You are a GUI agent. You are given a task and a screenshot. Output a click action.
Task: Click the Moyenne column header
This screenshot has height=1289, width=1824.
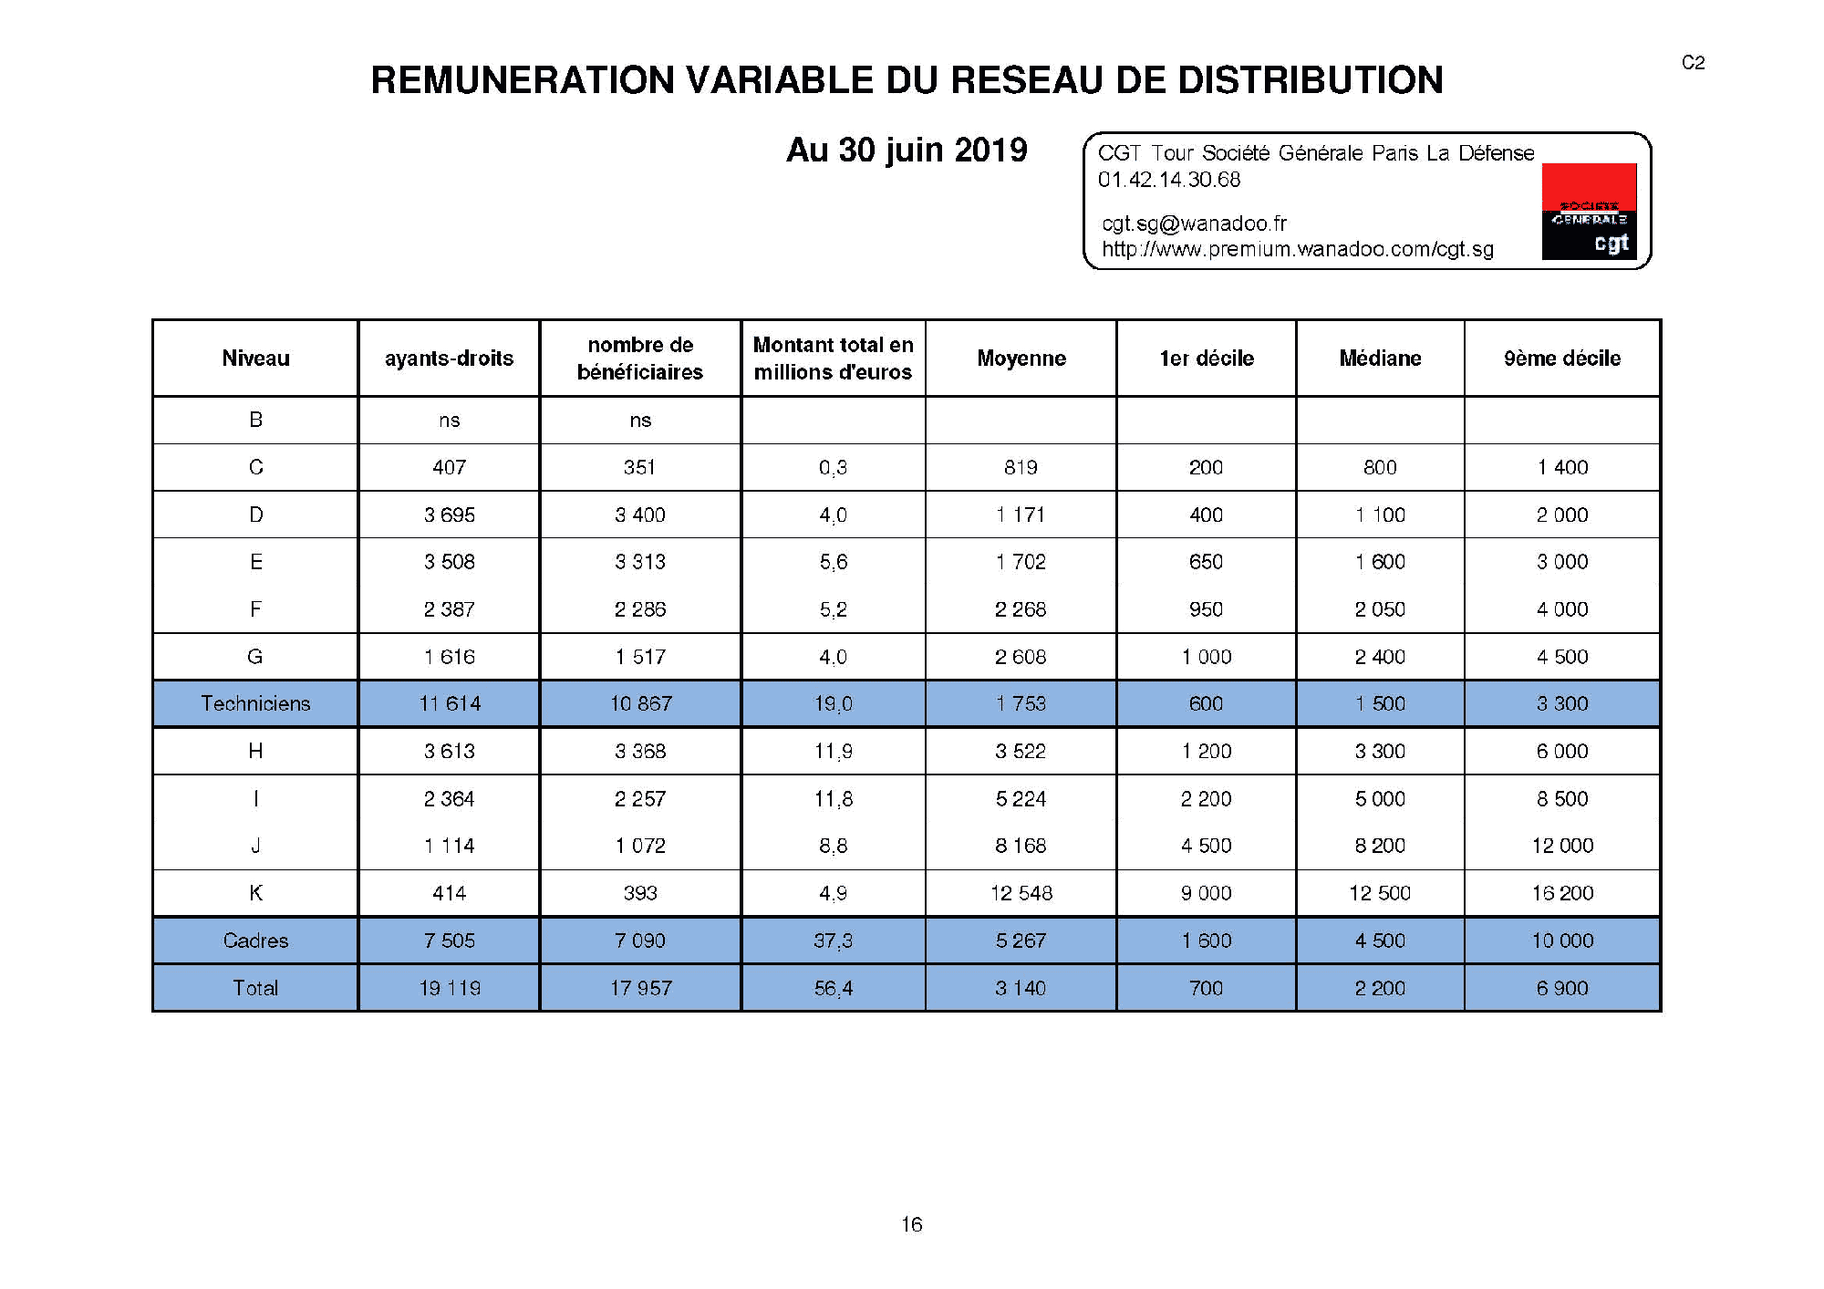[x=1021, y=359]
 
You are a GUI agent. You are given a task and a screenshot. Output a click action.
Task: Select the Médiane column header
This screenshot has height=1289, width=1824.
[x=1379, y=359]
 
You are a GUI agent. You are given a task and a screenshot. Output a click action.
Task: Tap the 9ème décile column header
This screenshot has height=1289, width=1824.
[x=1561, y=359]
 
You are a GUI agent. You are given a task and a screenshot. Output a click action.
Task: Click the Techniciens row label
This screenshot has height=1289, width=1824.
[x=255, y=703]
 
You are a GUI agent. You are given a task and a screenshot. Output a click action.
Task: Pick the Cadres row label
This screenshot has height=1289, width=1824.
[x=255, y=941]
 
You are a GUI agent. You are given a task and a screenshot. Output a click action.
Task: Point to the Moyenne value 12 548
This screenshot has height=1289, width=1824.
[x=1021, y=893]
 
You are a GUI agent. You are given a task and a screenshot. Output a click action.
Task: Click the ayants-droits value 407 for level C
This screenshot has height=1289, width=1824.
[x=449, y=467]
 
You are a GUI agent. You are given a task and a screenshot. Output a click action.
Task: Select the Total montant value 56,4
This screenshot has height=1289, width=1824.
[x=833, y=988]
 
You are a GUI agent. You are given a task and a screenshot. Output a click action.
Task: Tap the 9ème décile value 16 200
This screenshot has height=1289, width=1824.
[x=1561, y=893]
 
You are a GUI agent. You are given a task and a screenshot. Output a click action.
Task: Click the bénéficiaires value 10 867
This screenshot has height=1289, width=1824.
[x=640, y=703]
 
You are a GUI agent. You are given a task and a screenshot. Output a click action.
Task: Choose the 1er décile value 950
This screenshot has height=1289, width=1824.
[x=1206, y=609]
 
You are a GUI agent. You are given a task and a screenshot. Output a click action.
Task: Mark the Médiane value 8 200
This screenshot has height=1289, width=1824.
[x=1379, y=846]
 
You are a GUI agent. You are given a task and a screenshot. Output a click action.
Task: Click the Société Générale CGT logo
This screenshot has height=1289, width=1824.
[x=1589, y=212]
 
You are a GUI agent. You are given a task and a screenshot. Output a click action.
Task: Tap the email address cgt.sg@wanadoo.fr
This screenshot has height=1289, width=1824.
[x=1194, y=223]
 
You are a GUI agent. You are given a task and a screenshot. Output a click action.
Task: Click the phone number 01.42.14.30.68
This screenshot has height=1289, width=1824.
[x=1168, y=180]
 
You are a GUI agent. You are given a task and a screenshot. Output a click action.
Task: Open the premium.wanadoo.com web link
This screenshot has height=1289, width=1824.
[x=1297, y=249]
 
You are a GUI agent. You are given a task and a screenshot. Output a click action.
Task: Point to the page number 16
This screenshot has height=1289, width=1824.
[x=911, y=1224]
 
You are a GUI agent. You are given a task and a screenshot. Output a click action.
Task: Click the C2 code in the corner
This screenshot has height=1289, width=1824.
[x=1693, y=62]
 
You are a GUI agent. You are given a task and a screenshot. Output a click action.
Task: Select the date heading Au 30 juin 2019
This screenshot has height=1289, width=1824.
[x=907, y=151]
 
